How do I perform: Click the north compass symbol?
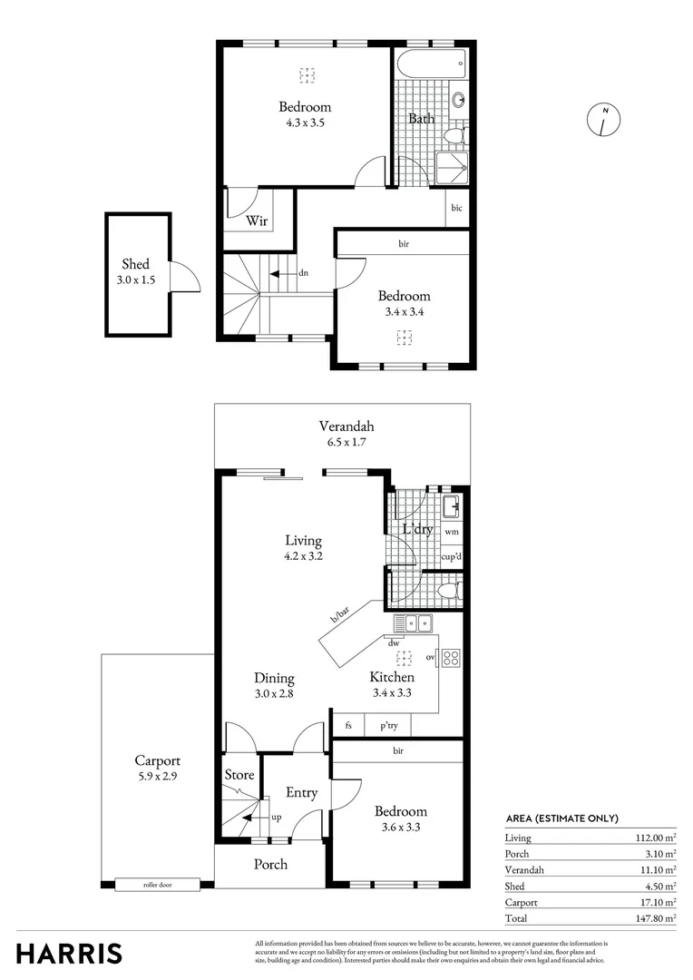pyautogui.click(x=604, y=119)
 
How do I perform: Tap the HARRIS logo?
pyautogui.click(x=69, y=953)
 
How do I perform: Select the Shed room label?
pyautogui.click(x=136, y=264)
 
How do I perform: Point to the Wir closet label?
pyautogui.click(x=257, y=220)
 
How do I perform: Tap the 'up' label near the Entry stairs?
pyautogui.click(x=276, y=817)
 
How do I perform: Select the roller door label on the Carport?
pyautogui.click(x=157, y=884)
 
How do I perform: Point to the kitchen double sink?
pyautogui.click(x=414, y=622)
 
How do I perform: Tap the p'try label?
pyautogui.click(x=388, y=726)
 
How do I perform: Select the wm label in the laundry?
pyautogui.click(x=452, y=532)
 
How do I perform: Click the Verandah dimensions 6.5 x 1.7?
pyautogui.click(x=346, y=443)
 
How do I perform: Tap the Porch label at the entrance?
pyautogui.click(x=270, y=864)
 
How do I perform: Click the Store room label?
pyautogui.click(x=239, y=775)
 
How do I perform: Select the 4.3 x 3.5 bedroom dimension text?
pyautogui.click(x=304, y=122)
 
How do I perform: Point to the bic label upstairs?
pyautogui.click(x=456, y=208)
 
